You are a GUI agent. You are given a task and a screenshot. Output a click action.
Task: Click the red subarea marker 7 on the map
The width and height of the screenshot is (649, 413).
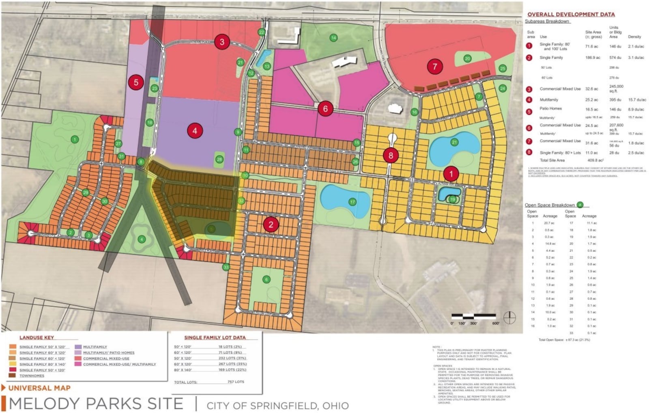(x=435, y=66)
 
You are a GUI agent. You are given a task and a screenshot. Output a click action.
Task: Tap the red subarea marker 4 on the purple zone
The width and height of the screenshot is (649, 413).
(x=195, y=131)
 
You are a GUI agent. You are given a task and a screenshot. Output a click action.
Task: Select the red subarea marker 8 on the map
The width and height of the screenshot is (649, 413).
(x=391, y=155)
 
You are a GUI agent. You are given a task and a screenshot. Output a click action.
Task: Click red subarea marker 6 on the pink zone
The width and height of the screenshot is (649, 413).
(x=325, y=108)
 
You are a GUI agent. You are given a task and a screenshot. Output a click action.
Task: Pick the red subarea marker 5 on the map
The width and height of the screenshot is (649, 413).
(x=136, y=83)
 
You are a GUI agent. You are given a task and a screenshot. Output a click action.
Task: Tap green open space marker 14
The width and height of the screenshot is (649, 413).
(x=333, y=38)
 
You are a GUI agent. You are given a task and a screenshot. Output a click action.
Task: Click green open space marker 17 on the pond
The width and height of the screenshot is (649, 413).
(x=352, y=201)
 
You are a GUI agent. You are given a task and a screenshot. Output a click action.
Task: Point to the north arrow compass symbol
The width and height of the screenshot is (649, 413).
(x=509, y=317)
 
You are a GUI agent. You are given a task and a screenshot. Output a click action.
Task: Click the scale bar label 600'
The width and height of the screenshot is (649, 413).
(x=496, y=323)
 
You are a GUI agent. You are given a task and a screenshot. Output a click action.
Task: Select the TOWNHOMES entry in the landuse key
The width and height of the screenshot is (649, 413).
(x=32, y=376)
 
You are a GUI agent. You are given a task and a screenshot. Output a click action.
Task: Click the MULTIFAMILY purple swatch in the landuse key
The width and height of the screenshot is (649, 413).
(x=78, y=347)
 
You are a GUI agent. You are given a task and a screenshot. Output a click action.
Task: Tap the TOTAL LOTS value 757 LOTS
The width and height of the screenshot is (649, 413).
(x=236, y=382)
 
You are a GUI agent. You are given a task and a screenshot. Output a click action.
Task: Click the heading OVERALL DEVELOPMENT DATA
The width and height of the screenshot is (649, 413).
(x=571, y=14)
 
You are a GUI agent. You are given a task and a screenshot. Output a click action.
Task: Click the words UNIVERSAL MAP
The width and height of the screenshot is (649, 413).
(x=39, y=388)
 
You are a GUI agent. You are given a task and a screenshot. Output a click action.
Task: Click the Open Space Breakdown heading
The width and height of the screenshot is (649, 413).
(x=550, y=205)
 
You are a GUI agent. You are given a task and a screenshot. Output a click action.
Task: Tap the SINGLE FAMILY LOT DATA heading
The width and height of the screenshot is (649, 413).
(x=215, y=337)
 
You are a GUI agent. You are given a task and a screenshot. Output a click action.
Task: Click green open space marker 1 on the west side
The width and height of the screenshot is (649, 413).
(x=75, y=139)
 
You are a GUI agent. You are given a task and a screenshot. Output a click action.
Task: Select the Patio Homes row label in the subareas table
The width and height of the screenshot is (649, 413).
(x=550, y=109)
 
